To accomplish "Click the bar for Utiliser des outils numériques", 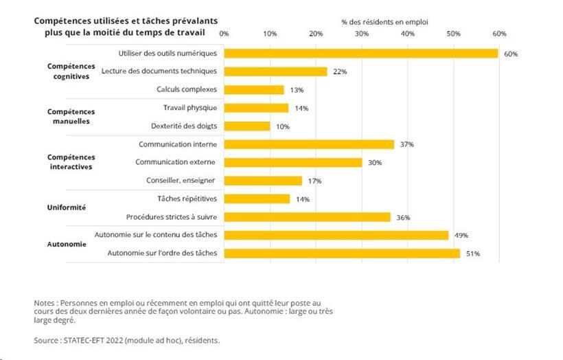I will (x=361, y=54).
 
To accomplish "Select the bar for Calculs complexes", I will (x=254, y=90).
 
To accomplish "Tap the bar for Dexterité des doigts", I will (x=247, y=126).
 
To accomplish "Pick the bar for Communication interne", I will (x=309, y=144).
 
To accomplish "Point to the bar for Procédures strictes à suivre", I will (x=307, y=217).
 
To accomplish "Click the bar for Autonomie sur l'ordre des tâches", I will (x=342, y=254).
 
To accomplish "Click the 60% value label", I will (x=510, y=54).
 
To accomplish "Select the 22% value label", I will (x=340, y=72).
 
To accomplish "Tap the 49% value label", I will (x=461, y=236).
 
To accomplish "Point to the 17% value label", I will (x=315, y=181).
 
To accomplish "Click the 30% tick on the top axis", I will (x=362, y=34).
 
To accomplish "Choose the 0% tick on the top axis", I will (x=224, y=34).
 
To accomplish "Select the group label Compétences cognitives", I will (x=71, y=71).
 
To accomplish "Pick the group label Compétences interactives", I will (x=71, y=162).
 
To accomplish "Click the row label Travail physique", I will (x=189, y=108).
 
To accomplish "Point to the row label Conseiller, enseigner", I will (x=181, y=181).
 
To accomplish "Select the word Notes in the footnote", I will (x=45, y=303).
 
